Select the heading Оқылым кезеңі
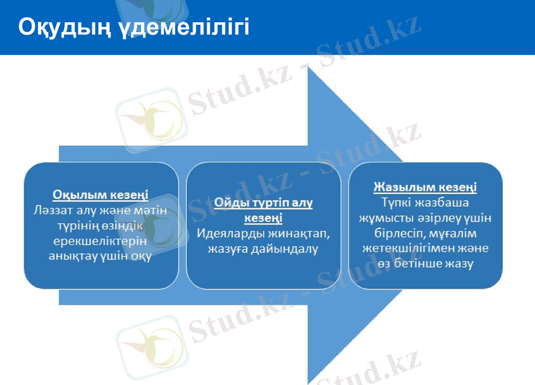pyautogui.click(x=100, y=195)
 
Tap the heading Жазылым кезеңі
pyautogui.click(x=425, y=187)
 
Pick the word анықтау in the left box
pyautogui.click(x=74, y=256)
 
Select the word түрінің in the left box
pyautogui.click(x=82, y=226)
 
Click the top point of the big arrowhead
pyautogui.click(x=309, y=68)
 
